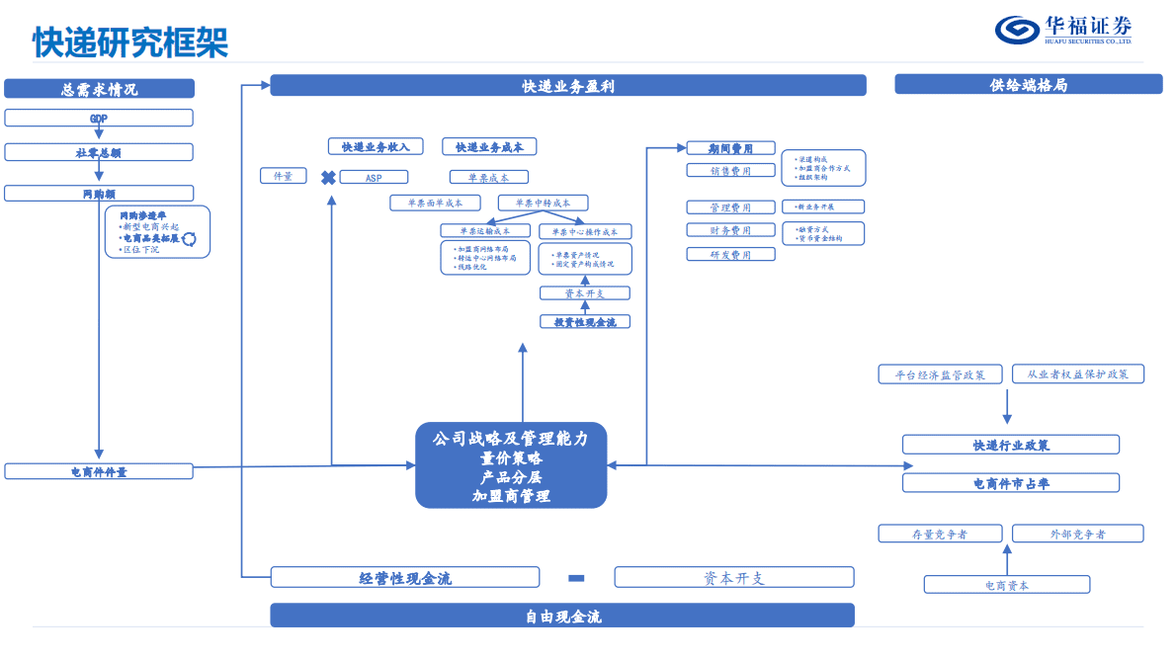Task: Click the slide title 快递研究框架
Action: [x=130, y=42]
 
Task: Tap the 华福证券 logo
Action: [x=1063, y=30]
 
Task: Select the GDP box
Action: [x=99, y=119]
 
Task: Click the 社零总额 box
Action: [x=99, y=153]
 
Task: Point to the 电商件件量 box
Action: [x=99, y=472]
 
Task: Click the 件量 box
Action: [x=283, y=176]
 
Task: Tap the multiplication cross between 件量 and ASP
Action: [x=328, y=178]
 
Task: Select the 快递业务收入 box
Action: [x=376, y=147]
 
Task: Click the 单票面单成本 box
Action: [x=434, y=203]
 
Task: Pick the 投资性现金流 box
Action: [x=585, y=322]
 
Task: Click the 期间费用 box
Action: [x=730, y=148]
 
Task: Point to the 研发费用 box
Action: [x=730, y=255]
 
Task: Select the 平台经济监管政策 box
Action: [x=939, y=374]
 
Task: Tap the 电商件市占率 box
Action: [x=1011, y=483]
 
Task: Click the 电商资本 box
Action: [x=1007, y=585]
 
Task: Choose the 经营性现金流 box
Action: [x=405, y=578]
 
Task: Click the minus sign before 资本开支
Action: [x=577, y=578]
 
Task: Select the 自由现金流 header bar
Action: [x=562, y=617]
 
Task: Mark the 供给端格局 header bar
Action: [x=1028, y=85]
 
